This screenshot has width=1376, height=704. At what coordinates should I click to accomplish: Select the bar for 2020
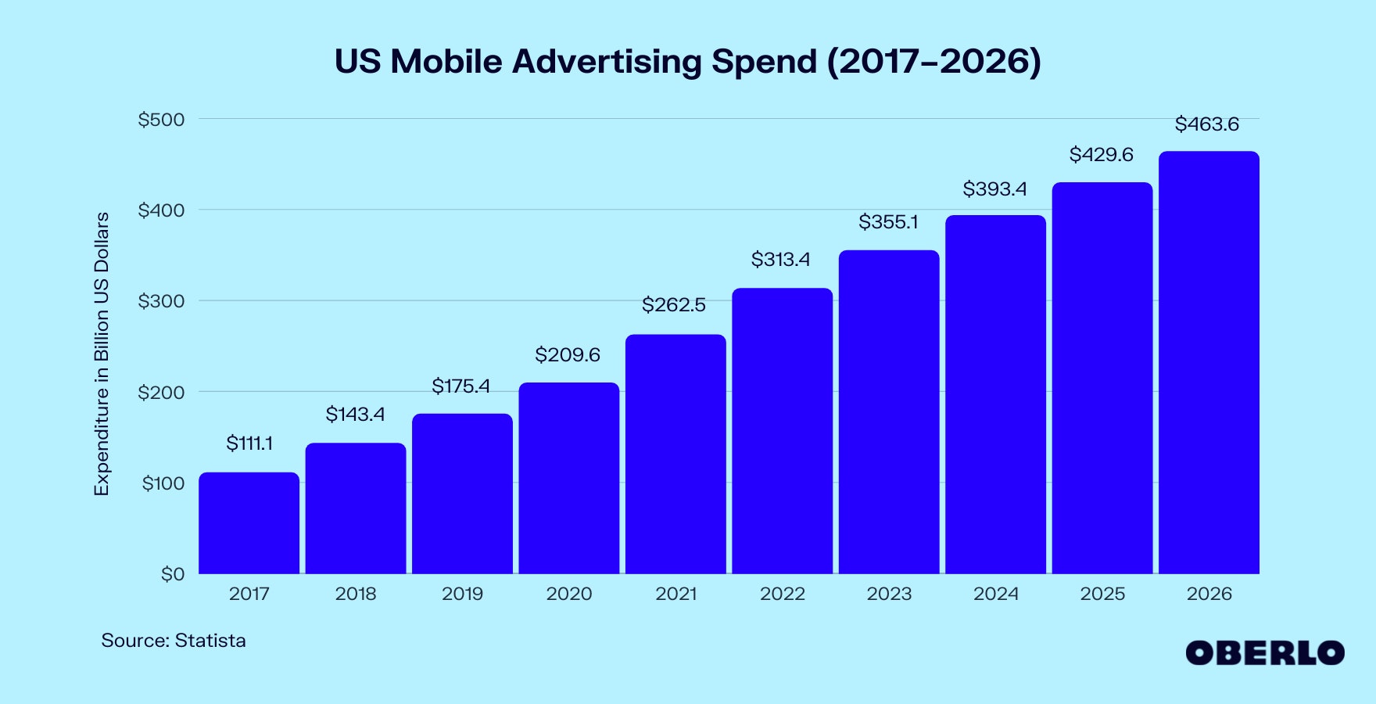(568, 478)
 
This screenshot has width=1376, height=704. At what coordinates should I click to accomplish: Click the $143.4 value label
(355, 414)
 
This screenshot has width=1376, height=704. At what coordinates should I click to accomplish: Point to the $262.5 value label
(673, 304)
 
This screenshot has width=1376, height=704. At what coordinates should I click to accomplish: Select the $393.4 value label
(994, 189)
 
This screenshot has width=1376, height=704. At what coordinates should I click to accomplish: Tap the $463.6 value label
(1206, 124)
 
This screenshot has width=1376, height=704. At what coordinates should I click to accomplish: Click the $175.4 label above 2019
(460, 386)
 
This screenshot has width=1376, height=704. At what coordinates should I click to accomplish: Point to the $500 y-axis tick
(161, 120)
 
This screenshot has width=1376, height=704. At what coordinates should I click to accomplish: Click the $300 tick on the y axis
(161, 301)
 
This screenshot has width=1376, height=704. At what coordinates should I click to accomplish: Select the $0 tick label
(173, 574)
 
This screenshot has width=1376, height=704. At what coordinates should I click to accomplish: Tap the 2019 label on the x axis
(462, 594)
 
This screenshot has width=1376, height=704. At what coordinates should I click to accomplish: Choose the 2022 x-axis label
(782, 594)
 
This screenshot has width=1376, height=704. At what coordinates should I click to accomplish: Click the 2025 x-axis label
(1102, 594)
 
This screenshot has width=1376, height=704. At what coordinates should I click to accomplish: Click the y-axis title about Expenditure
(102, 354)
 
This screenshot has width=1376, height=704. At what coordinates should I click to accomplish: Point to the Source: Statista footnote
(174, 641)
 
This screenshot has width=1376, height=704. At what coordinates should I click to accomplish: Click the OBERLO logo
(1264, 653)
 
